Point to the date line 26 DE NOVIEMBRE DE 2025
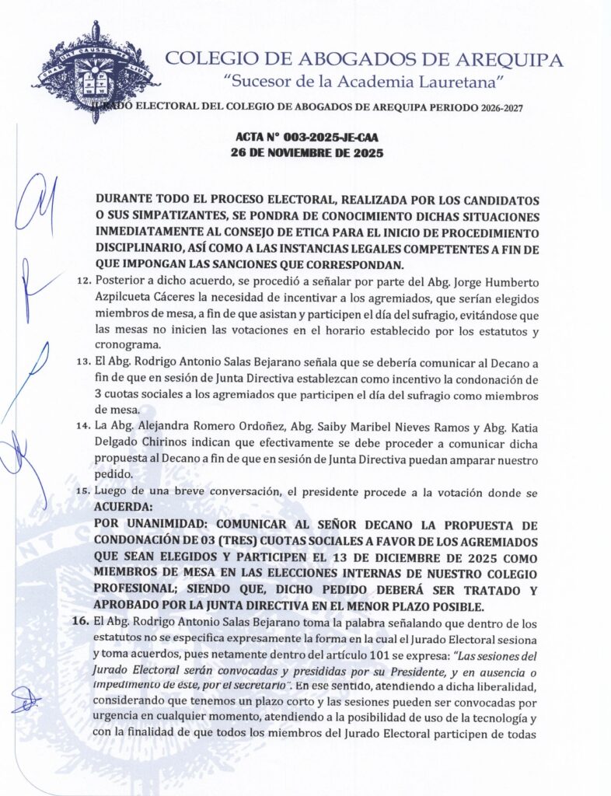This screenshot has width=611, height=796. [307, 153]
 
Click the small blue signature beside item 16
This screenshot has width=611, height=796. [26, 702]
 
